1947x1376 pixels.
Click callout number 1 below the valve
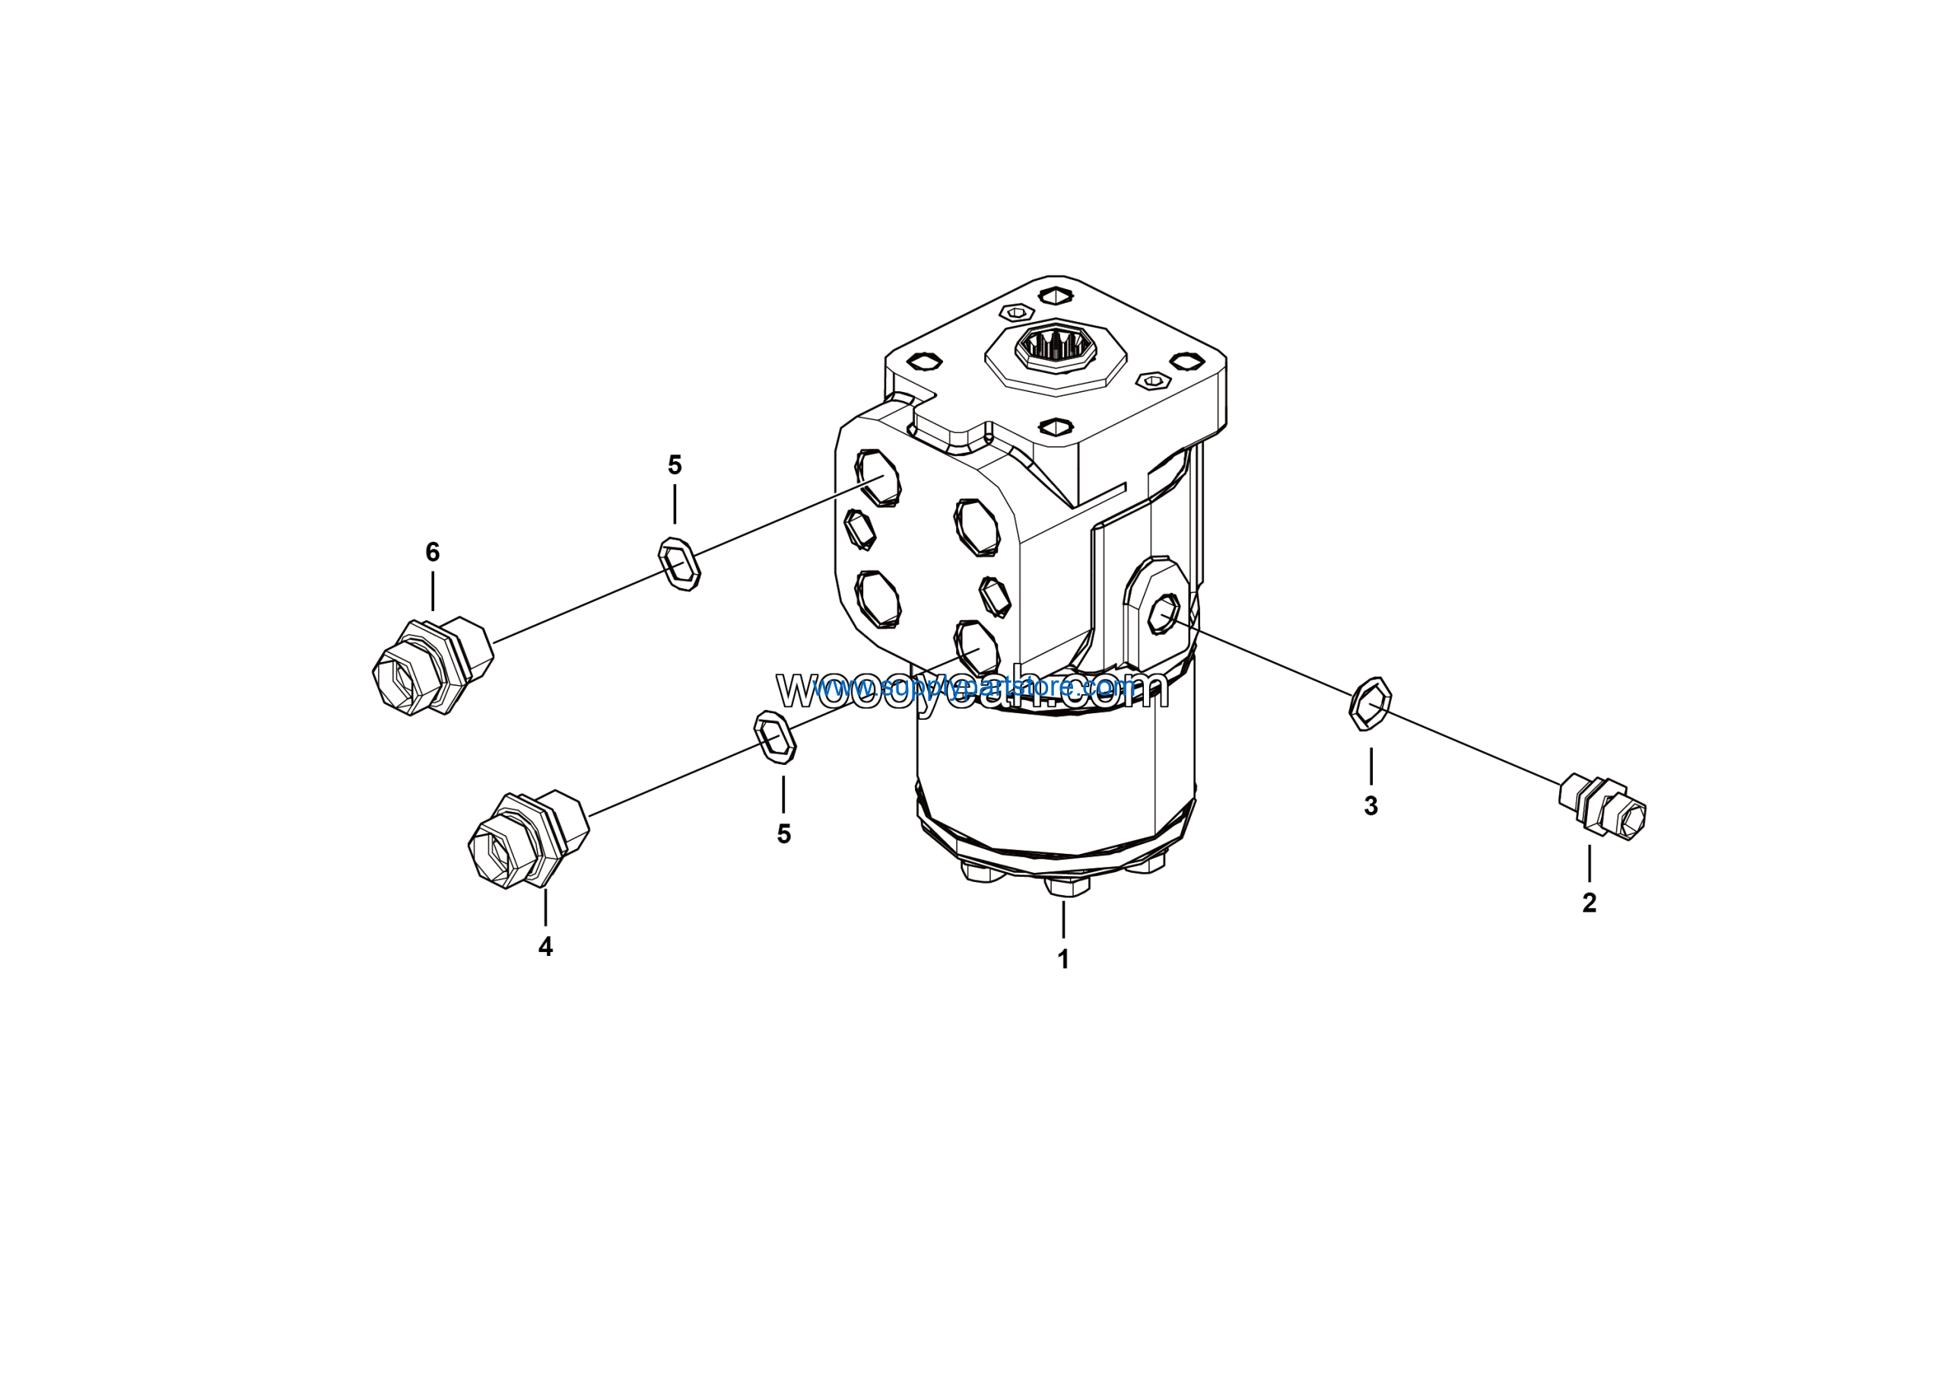coord(1062,960)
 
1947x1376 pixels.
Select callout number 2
coord(1588,903)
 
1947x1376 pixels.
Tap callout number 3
coord(1371,807)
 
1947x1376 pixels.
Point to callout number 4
coord(545,947)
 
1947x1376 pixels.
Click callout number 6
coord(433,553)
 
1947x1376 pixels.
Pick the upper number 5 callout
coord(674,465)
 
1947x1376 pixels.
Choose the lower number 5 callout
coord(783,834)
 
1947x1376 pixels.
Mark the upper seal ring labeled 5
coord(679,564)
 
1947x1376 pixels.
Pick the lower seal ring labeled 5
coord(775,737)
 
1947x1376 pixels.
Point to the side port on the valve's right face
coord(1164,612)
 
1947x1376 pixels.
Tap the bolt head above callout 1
coord(1067,885)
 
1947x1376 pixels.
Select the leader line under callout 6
coord(433,591)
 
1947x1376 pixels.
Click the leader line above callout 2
coord(1588,863)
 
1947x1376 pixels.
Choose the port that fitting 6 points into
coord(878,479)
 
